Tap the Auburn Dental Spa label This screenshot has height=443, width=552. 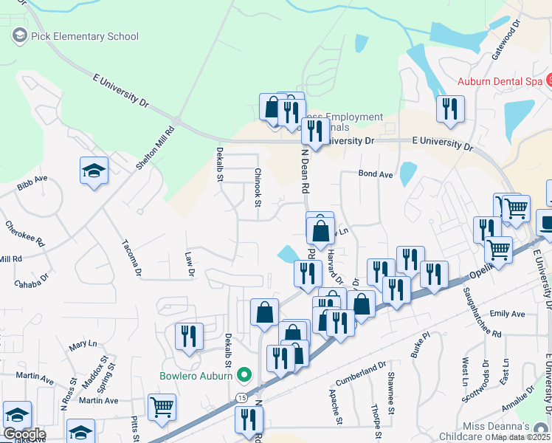coord(499,81)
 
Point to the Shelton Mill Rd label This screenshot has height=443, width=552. coord(155,148)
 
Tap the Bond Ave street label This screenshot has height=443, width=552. coord(376,174)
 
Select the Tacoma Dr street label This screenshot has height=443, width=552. coord(131,253)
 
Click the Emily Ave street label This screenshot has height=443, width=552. coord(506,314)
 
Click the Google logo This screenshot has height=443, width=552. coord(24,433)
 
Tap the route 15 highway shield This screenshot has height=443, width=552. coord(242,398)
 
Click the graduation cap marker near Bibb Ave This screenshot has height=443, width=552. coord(94,171)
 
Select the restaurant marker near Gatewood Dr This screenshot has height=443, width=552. coord(449,109)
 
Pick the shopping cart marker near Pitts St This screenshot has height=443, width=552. coord(162,405)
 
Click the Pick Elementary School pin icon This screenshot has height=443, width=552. coord(18,35)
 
